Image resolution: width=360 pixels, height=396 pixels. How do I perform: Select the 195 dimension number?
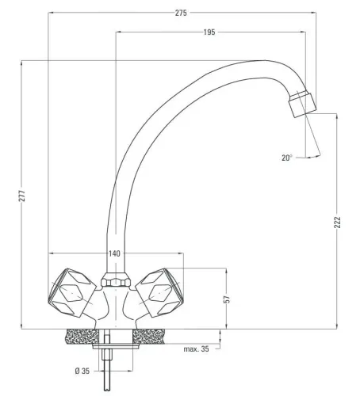coord(209,32)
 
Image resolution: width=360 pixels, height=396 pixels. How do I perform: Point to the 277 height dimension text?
coord(23,195)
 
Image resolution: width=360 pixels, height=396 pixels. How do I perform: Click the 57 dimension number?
coord(226,300)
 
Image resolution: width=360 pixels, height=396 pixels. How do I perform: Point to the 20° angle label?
coord(287,158)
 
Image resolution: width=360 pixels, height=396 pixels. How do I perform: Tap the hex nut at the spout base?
coord(113,282)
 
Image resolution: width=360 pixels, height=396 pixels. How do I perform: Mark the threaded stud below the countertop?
coord(113,372)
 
